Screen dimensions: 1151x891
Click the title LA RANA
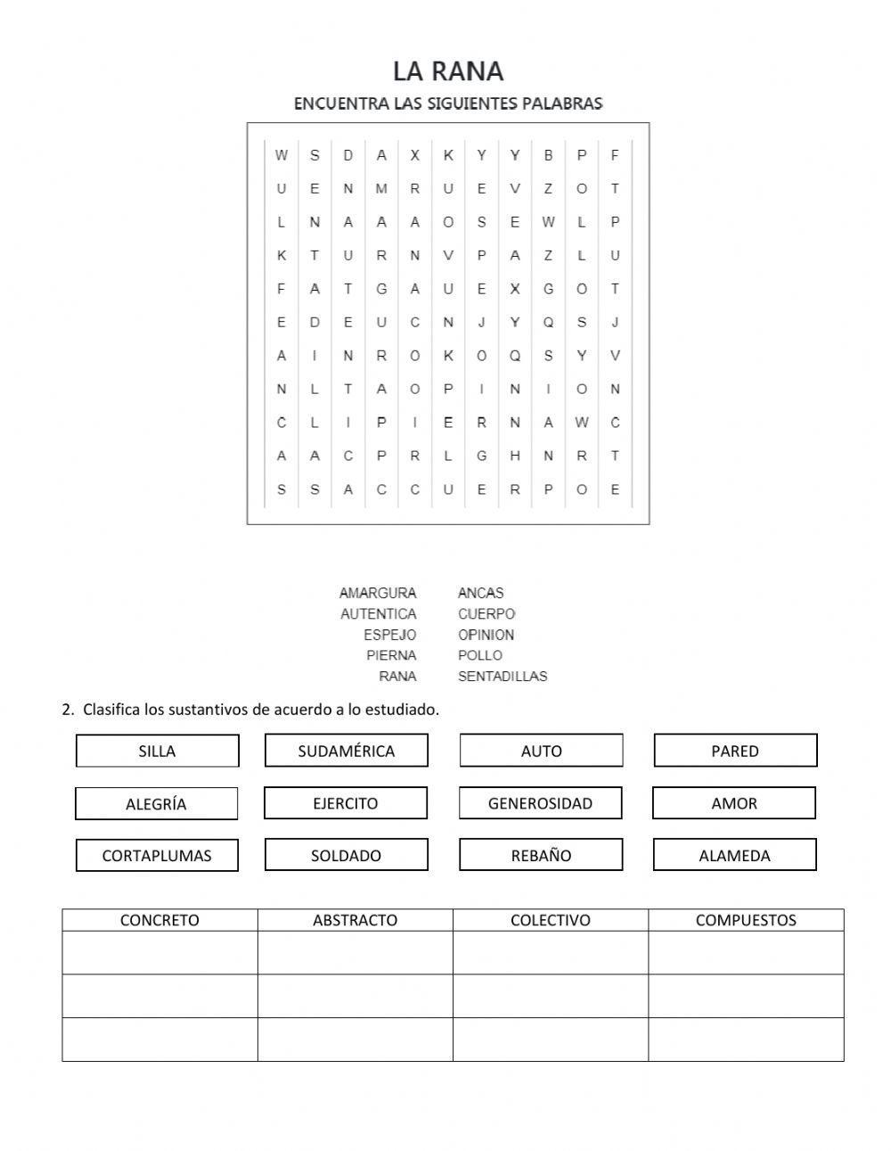[448, 71]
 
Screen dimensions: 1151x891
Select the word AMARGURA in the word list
[378, 593]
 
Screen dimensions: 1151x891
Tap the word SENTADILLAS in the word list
[503, 677]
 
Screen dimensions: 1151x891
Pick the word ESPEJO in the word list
[389, 635]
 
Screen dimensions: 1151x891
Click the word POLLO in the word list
[480, 655]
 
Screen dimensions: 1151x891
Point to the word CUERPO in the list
[486, 614]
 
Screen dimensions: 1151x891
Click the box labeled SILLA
[158, 751]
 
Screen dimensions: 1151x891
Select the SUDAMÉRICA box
[346, 751]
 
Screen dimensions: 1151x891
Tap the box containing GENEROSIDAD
[540, 803]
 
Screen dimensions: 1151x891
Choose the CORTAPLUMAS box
[157, 856]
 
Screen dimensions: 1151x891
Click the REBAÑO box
[541, 856]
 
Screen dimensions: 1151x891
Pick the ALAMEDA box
[734, 856]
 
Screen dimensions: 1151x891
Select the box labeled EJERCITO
[345, 803]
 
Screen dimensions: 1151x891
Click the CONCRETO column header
[159, 920]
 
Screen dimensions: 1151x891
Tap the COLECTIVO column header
[550, 920]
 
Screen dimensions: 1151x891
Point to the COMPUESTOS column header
[746, 920]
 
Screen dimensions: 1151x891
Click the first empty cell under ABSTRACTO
[355, 952]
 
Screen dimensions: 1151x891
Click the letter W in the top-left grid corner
[282, 155]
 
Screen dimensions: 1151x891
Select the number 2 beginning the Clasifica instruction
[67, 710]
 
